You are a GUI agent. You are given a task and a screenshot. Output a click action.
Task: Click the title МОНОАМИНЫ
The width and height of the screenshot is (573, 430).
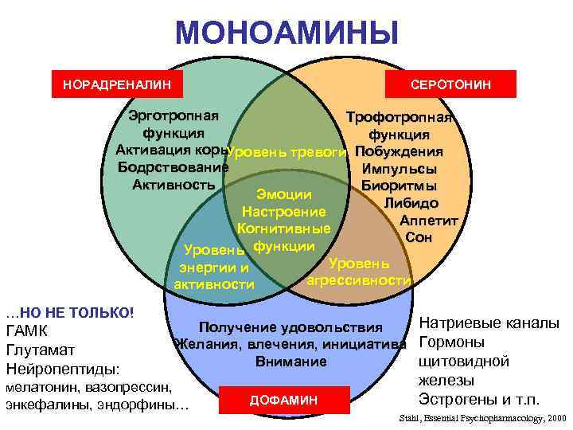point(286,33)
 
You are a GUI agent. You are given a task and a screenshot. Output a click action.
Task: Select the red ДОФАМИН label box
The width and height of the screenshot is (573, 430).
point(283,399)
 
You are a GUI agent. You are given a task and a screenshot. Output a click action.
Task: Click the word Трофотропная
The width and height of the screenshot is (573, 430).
point(399,118)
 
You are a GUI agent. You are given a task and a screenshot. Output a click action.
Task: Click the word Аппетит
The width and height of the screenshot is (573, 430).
point(427,221)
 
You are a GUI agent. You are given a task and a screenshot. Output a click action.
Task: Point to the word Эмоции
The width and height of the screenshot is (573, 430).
point(283,194)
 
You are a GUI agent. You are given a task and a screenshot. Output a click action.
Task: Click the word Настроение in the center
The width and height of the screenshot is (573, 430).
point(283,212)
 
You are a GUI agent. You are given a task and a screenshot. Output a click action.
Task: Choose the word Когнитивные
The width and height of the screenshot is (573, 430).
point(283,229)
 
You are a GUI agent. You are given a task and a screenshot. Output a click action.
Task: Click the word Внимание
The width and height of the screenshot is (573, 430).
point(291,362)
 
